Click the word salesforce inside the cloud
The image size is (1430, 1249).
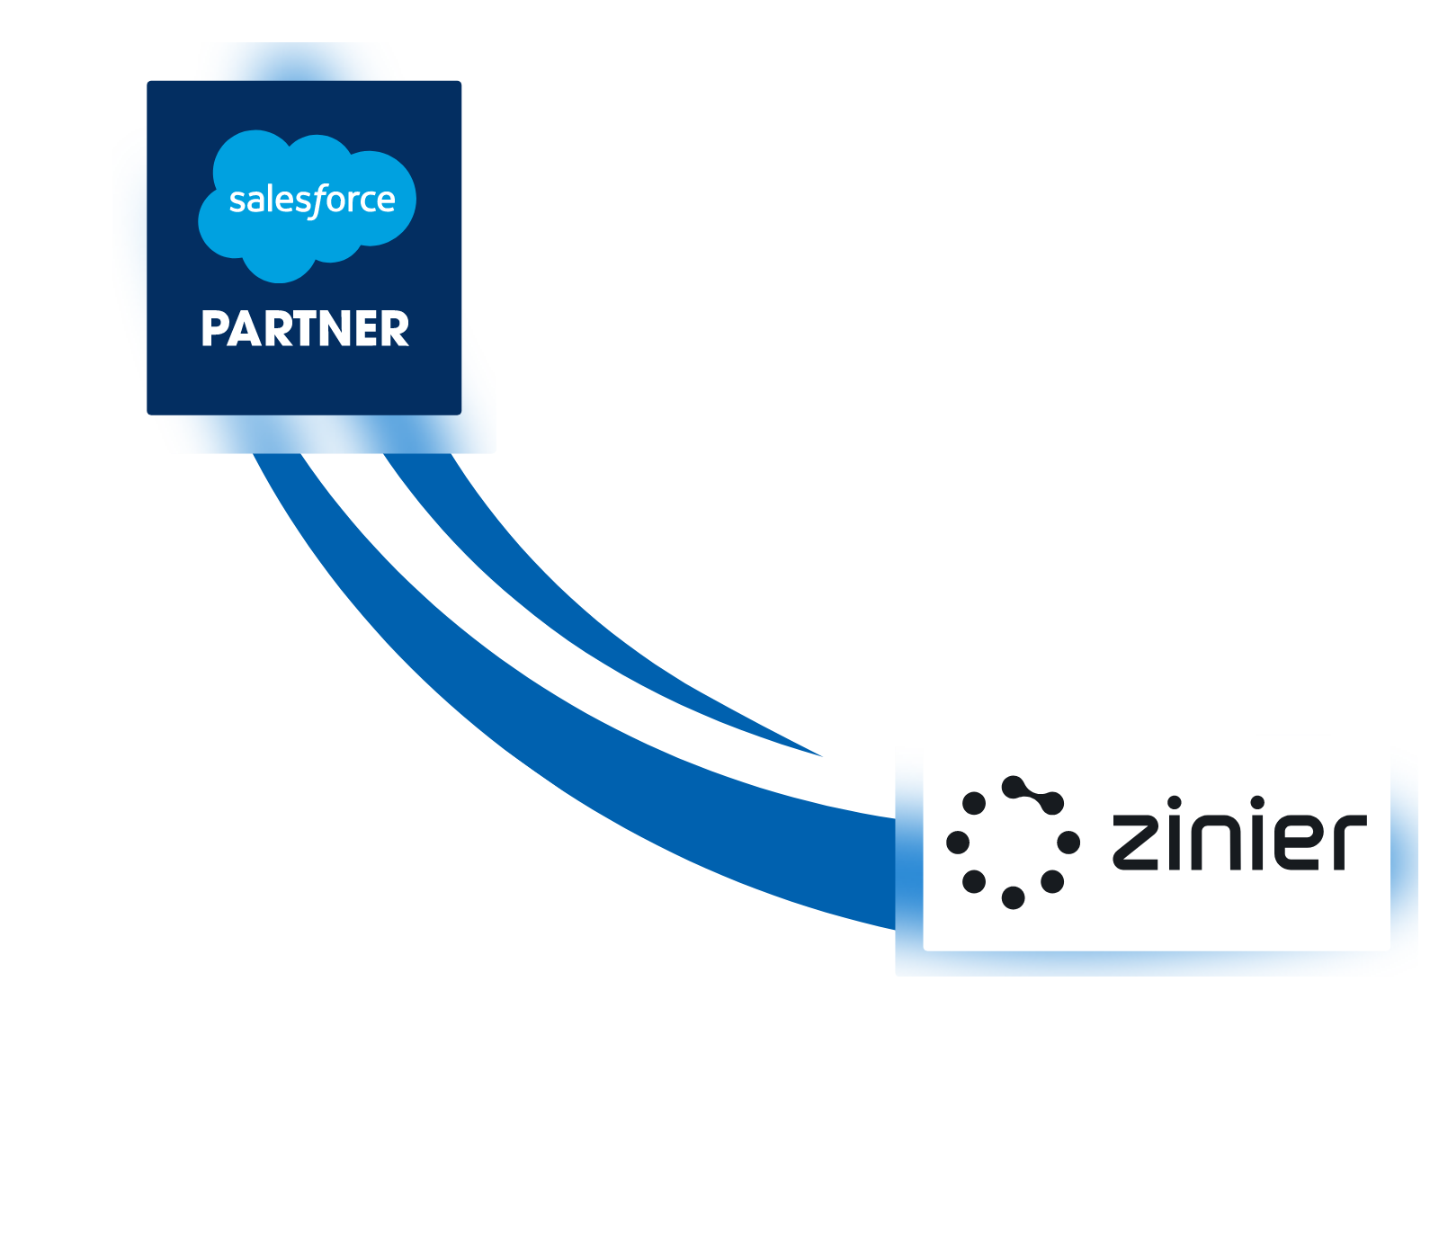pos(311,200)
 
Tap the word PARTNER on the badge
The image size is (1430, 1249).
pos(305,329)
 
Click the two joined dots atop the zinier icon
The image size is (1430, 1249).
pos(1033,795)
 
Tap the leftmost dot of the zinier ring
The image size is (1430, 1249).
pos(958,843)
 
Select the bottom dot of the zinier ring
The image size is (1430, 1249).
pos(1013,897)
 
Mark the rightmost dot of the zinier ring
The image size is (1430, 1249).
pos(1068,843)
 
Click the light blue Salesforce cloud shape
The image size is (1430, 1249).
pos(270,243)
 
